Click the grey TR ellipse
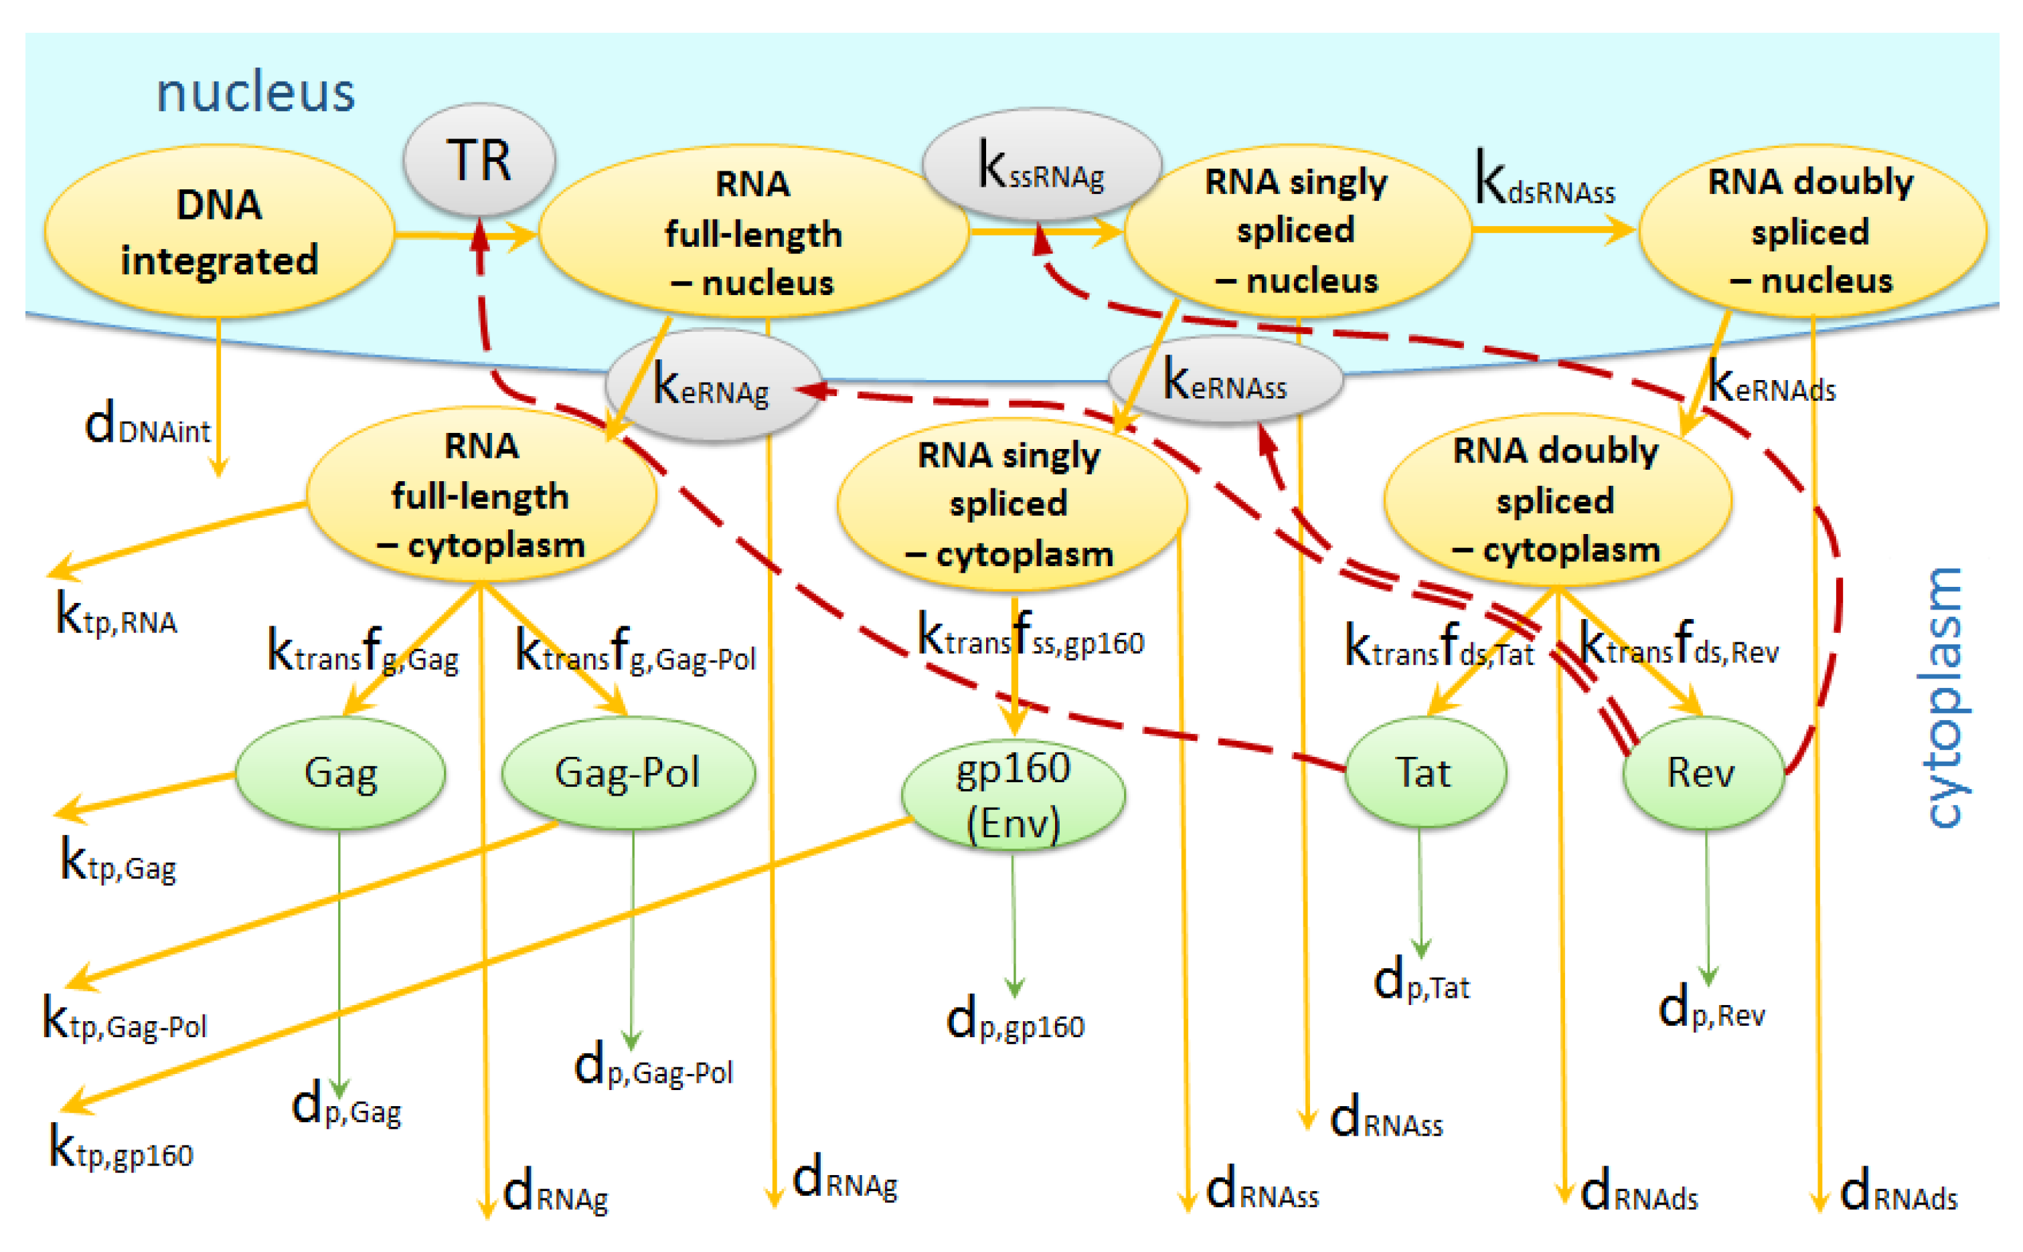click(479, 160)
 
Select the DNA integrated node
click(219, 232)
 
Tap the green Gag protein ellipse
click(341, 773)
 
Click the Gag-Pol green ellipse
click(628, 773)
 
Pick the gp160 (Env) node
click(1012, 795)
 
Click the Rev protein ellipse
click(1702, 773)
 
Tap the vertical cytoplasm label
click(1943, 697)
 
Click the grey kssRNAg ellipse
click(1042, 165)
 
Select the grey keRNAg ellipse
click(712, 386)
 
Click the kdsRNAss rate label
click(1543, 182)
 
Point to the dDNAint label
click(147, 425)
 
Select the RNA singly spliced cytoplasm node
click(1011, 505)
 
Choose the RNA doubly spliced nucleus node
click(1811, 232)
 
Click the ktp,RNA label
click(116, 616)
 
